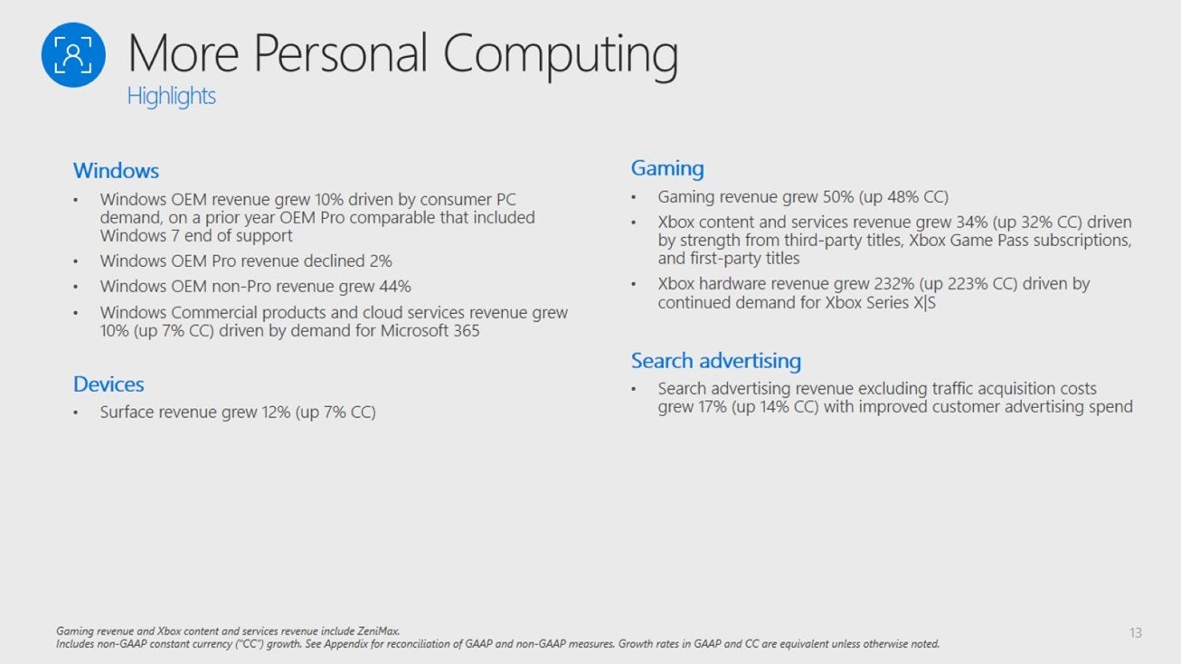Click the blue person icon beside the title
(73, 55)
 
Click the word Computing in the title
(561, 55)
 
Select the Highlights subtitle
(171, 97)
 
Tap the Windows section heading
(116, 171)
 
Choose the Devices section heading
(109, 384)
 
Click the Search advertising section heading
(716, 361)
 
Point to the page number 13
(1136, 632)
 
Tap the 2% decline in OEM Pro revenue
(381, 261)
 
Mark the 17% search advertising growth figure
(713, 407)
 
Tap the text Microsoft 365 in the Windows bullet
(430, 331)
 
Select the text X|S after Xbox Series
(925, 303)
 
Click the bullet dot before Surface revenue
(76, 413)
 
